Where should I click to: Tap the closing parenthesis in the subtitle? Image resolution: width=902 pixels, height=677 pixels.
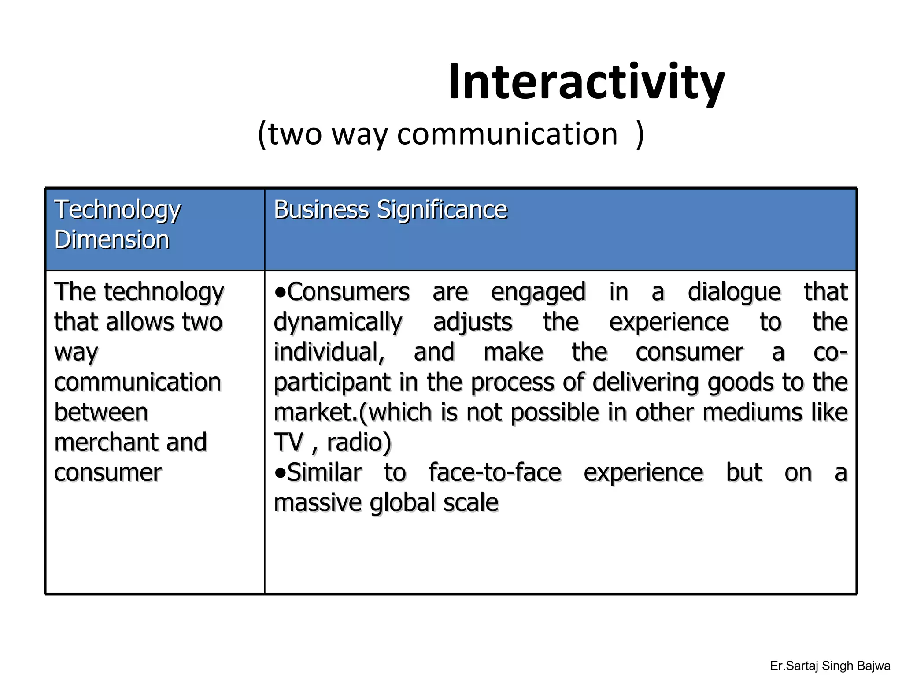pos(640,135)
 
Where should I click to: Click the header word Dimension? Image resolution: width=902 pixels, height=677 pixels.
pos(112,240)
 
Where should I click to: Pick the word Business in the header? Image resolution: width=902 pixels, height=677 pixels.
pos(321,209)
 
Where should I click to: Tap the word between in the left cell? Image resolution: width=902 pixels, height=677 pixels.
pos(101,413)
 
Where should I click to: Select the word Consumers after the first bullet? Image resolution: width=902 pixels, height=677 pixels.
pos(348,292)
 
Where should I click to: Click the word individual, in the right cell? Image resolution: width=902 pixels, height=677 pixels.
pos(329,353)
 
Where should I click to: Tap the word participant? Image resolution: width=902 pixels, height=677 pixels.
pos(332,383)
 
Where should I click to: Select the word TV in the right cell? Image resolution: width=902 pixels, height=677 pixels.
pos(288,443)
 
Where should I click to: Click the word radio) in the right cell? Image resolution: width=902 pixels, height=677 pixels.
pos(359,443)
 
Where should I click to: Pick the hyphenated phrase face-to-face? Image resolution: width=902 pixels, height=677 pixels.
pos(495,473)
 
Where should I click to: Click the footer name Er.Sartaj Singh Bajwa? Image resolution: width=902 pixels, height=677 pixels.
pos(830,666)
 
